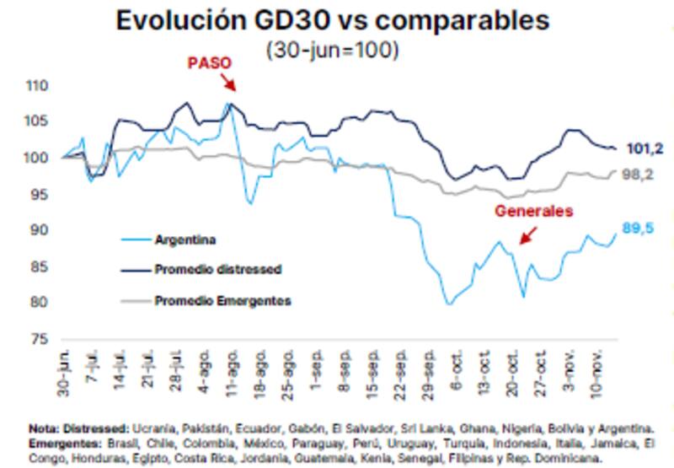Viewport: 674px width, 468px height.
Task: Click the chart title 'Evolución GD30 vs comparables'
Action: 332,21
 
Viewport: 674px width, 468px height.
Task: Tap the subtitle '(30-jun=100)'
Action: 333,50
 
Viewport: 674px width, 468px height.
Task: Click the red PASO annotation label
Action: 210,64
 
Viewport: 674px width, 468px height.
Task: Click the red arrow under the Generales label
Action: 528,235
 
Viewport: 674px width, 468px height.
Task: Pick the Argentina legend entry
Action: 185,239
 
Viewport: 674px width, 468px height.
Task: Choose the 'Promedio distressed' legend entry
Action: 217,270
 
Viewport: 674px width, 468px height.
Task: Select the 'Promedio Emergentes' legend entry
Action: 222,300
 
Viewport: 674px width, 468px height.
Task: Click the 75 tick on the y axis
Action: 40,339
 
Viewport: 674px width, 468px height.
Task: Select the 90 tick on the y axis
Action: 40,230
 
